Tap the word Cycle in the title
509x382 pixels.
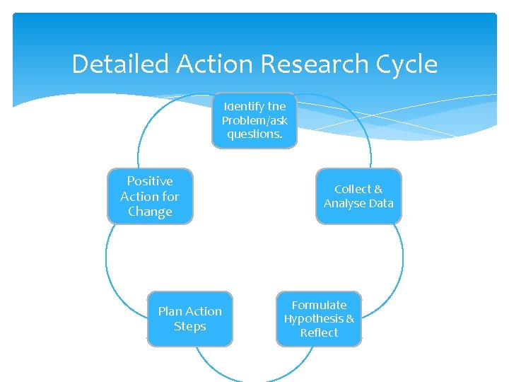point(408,64)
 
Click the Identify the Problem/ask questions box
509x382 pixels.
point(255,120)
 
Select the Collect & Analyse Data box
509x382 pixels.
point(358,196)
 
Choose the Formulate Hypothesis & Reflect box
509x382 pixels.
point(319,319)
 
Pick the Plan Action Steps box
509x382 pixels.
point(189,319)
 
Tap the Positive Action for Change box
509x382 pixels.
point(150,196)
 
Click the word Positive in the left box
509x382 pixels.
point(150,181)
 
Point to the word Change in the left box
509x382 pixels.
point(150,212)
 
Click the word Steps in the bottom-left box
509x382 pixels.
point(189,326)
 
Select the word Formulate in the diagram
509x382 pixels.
point(319,305)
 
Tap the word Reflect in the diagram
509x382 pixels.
point(319,332)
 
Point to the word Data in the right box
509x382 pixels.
point(380,203)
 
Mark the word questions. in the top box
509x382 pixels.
point(255,134)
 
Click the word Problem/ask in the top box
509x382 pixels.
point(255,120)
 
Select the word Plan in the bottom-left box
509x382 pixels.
point(170,311)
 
